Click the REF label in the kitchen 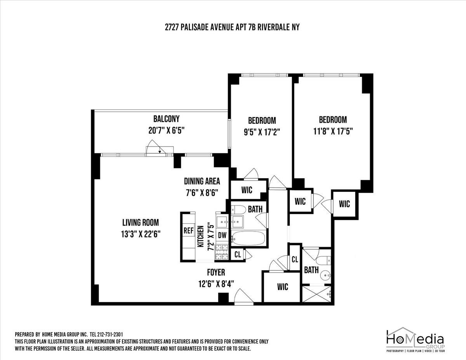[188, 230]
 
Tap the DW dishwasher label [222, 235]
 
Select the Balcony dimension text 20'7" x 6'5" [166, 130]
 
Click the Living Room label [141, 223]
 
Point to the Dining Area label [202, 181]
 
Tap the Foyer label [216, 272]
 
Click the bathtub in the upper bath [249, 238]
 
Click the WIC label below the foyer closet [282, 287]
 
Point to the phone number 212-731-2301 [106, 334]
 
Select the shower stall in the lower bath [316, 294]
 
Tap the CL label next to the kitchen [238, 255]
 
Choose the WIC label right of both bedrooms [344, 204]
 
